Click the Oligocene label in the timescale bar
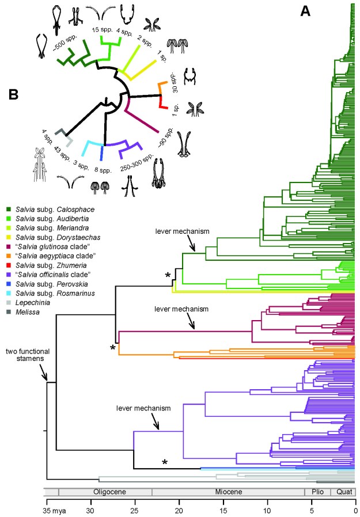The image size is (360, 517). click(x=105, y=492)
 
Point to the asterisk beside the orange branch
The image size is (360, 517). click(x=113, y=347)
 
